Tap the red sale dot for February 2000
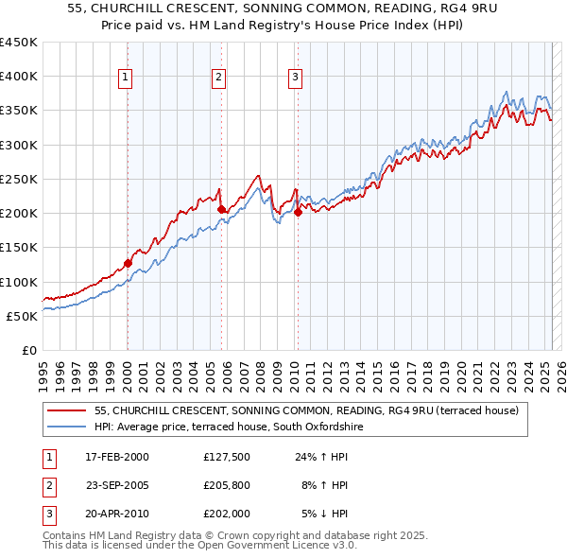128,263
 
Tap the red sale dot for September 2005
221,209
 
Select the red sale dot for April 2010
298,212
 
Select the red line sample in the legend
67,410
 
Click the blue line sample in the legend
67,427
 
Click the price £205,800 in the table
227,485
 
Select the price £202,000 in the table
227,514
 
